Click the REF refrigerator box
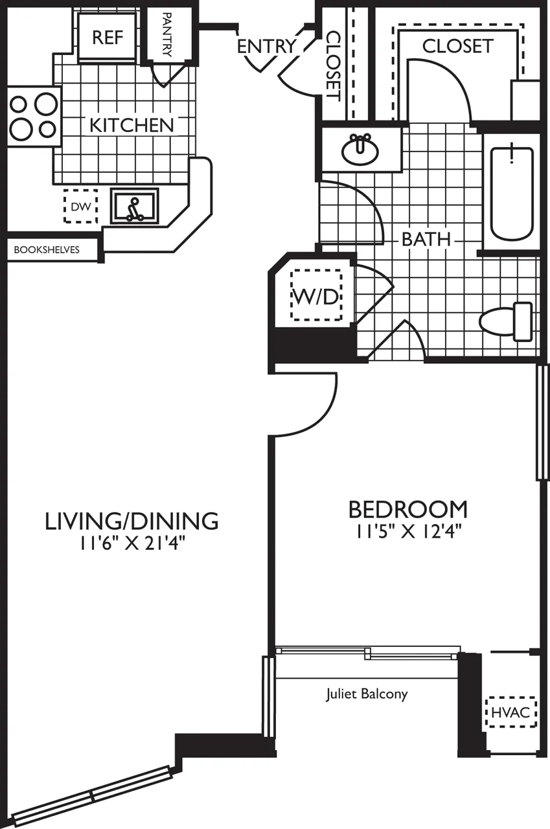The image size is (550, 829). click(x=107, y=36)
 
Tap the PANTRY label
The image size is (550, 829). click(x=166, y=35)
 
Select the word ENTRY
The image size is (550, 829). click(x=266, y=47)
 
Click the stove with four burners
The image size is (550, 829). click(x=32, y=117)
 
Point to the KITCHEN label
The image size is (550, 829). click(x=132, y=125)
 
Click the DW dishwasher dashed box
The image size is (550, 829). click(x=80, y=207)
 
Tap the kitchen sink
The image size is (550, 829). click(x=135, y=206)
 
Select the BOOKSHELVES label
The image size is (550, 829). click(x=47, y=249)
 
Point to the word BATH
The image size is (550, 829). click(x=426, y=238)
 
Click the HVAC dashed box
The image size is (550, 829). click(x=511, y=712)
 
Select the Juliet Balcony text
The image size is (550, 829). click(x=367, y=694)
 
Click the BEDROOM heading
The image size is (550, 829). click(x=407, y=509)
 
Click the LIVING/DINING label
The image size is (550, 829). click(x=131, y=520)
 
